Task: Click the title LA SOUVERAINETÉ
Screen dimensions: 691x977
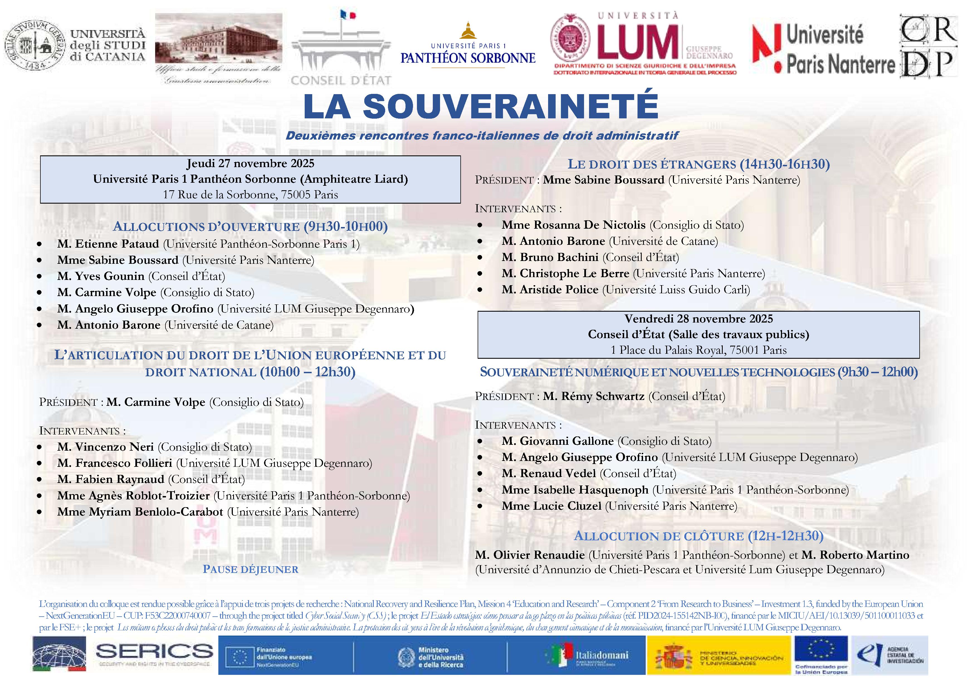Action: [x=481, y=106]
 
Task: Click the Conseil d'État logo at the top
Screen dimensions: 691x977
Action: [x=340, y=49]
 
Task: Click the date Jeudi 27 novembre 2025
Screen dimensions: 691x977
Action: [x=250, y=164]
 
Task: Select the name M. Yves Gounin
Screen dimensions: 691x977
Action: [x=101, y=276]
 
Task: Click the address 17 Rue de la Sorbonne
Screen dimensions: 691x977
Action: [x=250, y=195]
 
